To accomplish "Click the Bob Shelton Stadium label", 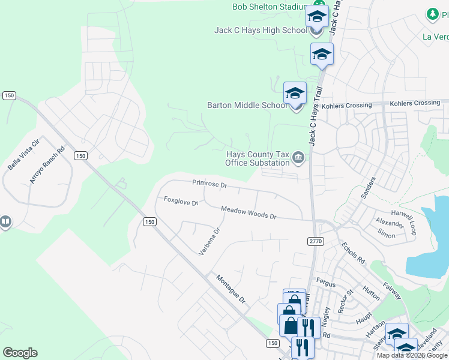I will click(x=270, y=7).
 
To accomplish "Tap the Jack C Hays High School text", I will click(x=260, y=31).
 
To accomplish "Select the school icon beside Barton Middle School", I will click(x=295, y=93).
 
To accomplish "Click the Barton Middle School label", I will click(x=247, y=105).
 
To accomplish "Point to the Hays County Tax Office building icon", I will click(x=298, y=158).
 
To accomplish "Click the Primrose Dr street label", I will click(x=209, y=184).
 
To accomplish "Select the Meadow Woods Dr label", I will click(x=248, y=212).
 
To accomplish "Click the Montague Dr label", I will click(x=231, y=289).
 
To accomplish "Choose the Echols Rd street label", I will click(x=353, y=253).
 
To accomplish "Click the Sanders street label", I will click(x=368, y=188).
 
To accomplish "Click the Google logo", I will click(x=20, y=353).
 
